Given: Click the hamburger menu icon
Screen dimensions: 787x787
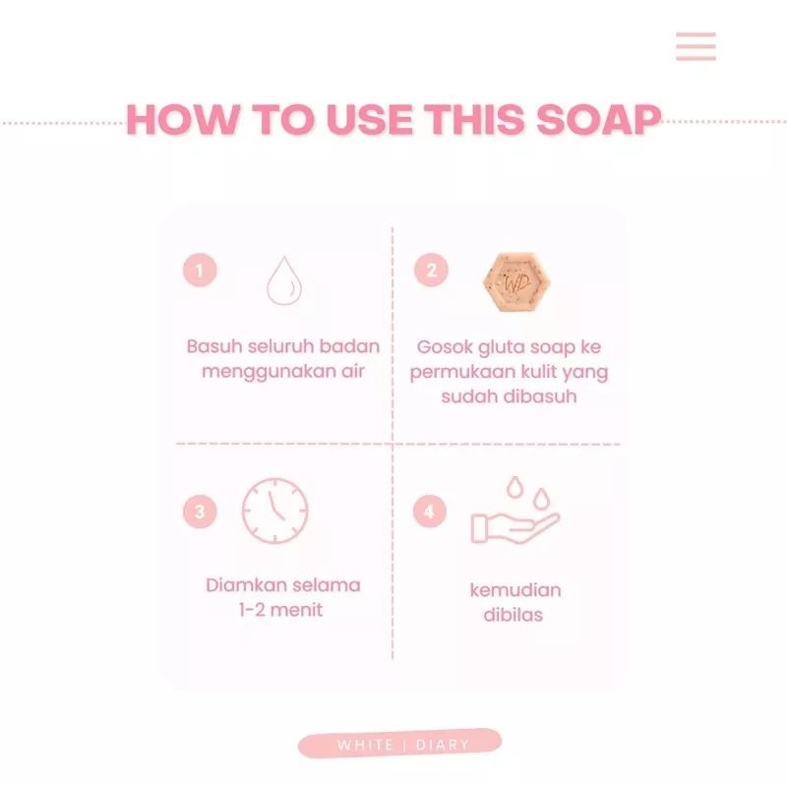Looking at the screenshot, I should click(x=696, y=46).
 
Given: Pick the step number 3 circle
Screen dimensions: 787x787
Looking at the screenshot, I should click(x=200, y=512).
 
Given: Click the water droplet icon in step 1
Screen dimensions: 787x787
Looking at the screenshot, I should click(x=283, y=280).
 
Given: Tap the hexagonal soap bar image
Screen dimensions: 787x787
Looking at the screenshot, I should click(x=515, y=281).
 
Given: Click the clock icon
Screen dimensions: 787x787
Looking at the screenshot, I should click(x=275, y=511).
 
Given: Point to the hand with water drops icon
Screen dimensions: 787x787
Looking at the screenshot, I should click(x=514, y=514).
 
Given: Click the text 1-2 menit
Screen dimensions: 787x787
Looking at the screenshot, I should click(x=283, y=610).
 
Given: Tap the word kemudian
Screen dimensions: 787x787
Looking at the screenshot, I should click(x=515, y=590).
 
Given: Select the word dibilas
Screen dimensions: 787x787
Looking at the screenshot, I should click(x=515, y=615).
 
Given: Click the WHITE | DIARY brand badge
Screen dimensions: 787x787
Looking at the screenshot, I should click(x=400, y=744).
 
